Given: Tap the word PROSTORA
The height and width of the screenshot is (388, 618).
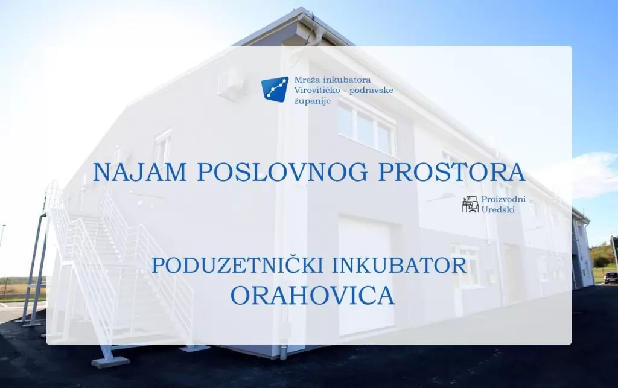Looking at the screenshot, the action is (451, 172).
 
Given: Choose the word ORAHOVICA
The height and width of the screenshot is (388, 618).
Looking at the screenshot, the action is (313, 296).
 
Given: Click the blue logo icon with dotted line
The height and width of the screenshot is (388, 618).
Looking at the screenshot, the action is (275, 89).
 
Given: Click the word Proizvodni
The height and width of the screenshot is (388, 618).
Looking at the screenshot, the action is (503, 199).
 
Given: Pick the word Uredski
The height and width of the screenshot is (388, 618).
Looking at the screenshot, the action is (498, 209).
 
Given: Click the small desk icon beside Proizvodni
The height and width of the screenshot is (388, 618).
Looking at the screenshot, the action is (470, 205).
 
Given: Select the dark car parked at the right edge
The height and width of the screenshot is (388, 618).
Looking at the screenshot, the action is (611, 278).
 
